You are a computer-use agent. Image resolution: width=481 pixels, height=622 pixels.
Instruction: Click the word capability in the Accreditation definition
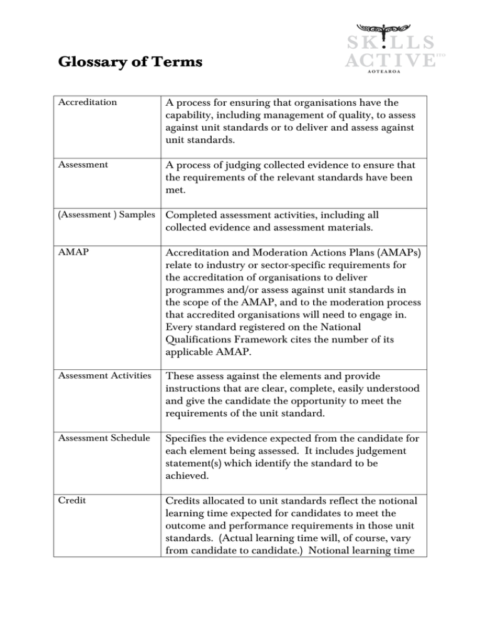(x=192, y=115)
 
